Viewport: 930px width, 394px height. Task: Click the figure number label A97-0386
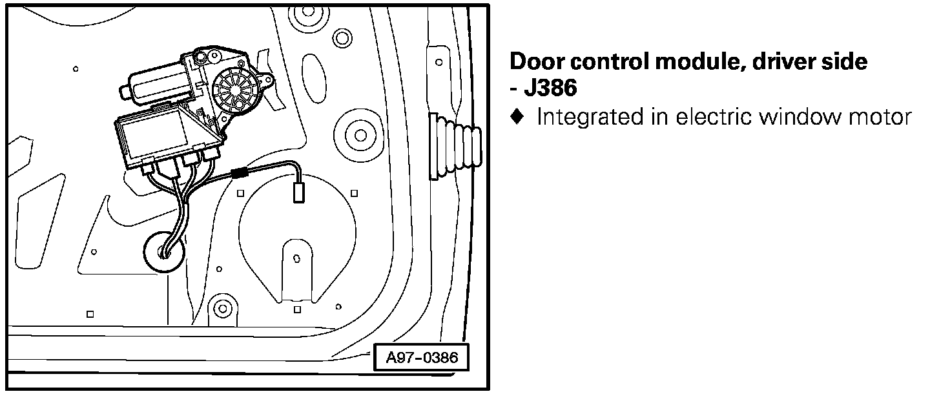coord(422,357)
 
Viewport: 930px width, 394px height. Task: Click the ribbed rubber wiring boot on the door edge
coord(455,147)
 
